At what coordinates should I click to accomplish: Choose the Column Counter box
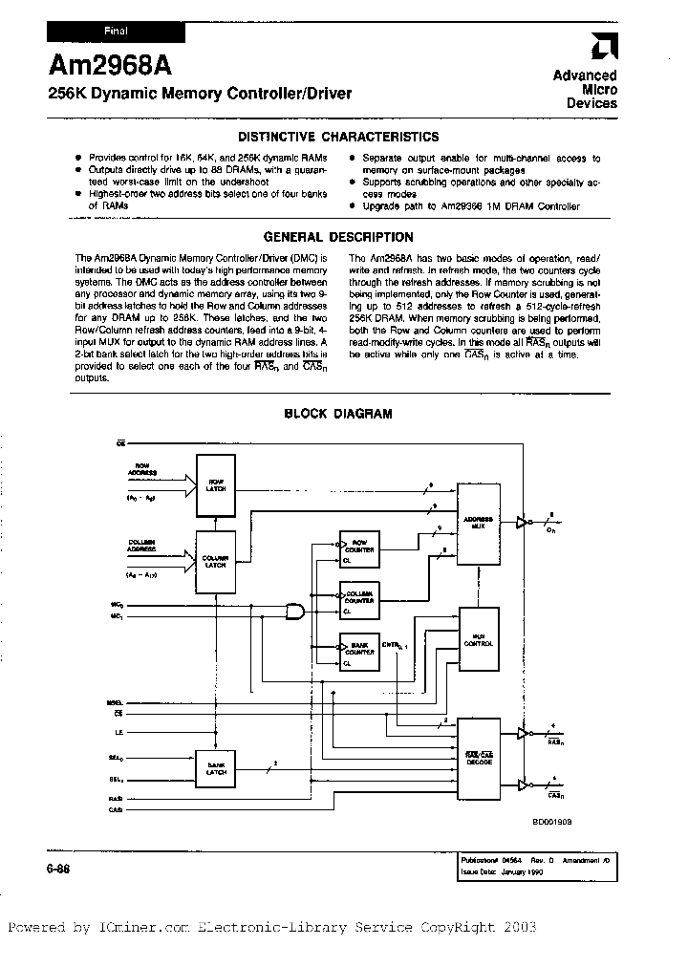359,599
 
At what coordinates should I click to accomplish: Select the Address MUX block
479,523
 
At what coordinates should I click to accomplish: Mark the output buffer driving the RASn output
521,734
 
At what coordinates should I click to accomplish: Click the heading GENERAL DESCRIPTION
338,237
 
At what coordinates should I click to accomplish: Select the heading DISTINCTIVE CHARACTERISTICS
338,137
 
